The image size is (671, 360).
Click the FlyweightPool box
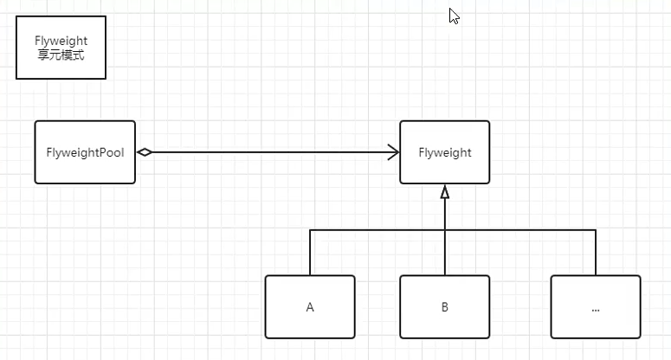(85, 152)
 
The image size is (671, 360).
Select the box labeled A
(310, 307)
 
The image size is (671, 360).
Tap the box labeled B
(445, 307)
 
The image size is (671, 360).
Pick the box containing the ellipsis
(596, 307)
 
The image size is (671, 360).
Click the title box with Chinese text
(61, 48)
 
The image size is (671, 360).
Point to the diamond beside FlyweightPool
(145, 152)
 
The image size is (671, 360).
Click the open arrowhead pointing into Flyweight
(393, 152)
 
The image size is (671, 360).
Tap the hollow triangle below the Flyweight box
(445, 191)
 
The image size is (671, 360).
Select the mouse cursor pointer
(454, 16)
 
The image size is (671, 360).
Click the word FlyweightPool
(85, 152)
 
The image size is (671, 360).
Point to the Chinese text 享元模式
(61, 55)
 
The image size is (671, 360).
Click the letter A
(310, 307)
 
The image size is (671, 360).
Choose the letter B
(445, 307)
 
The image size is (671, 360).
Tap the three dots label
(596, 310)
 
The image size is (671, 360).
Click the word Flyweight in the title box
(61, 41)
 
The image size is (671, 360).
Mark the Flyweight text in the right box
(445, 152)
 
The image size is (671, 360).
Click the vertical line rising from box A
(310, 253)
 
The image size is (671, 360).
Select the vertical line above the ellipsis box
(596, 253)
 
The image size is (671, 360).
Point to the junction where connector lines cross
(445, 230)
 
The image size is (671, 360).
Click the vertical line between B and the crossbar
(445, 253)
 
